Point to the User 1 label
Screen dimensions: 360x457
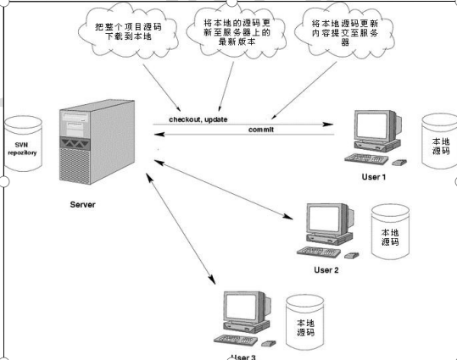(x=373, y=177)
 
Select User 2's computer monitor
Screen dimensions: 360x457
(x=327, y=221)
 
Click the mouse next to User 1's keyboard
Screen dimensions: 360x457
(x=406, y=162)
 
